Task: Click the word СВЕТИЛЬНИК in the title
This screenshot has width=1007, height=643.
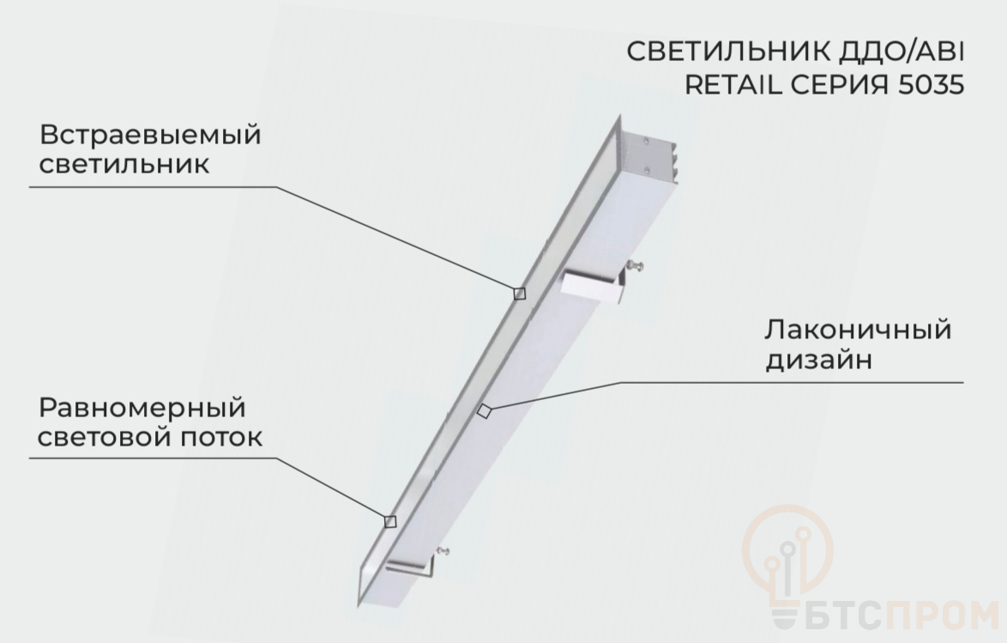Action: pos(730,52)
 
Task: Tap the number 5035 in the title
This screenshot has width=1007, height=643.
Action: pos(931,85)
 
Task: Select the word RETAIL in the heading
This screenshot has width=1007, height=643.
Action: pos(733,85)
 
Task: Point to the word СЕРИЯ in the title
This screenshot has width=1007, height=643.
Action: pos(840,85)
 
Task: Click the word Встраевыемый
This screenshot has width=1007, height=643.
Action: pos(150,135)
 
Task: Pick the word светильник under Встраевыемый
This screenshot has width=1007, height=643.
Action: pos(124,163)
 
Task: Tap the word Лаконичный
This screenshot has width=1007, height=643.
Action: pos(858,329)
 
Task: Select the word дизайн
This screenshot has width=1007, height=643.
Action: pos(819,359)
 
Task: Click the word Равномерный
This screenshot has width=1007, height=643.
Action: pos(142,409)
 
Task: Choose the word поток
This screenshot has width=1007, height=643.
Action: pos(221,437)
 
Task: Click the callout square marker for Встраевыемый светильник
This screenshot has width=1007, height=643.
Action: pos(520,294)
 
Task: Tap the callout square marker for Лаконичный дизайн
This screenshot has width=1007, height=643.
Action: pos(485,411)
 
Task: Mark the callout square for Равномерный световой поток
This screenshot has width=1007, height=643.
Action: pos(389,521)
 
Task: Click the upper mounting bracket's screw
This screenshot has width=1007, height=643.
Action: pos(636,265)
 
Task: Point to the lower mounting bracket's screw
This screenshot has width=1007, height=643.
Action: pos(442,550)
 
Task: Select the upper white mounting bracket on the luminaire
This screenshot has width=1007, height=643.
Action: pos(594,286)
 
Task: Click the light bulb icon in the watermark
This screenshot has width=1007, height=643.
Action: pos(787,566)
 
